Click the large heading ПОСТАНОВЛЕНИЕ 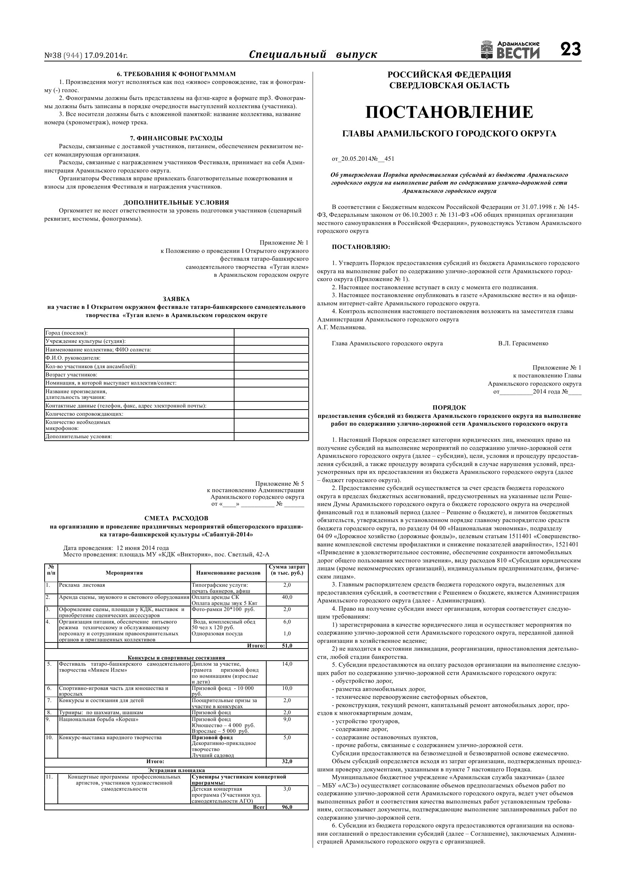tap(449, 112)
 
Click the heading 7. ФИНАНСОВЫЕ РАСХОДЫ tap(176, 138)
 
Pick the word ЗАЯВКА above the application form tap(176, 299)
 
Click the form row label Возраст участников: tap(71, 375)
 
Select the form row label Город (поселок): tap(66, 332)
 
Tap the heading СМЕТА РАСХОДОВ tap(176, 518)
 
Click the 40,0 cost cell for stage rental tap(287, 597)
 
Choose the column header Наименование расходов tap(228, 573)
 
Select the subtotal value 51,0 tap(287, 646)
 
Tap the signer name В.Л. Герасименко tap(522, 344)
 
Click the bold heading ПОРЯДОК tap(449, 407)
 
